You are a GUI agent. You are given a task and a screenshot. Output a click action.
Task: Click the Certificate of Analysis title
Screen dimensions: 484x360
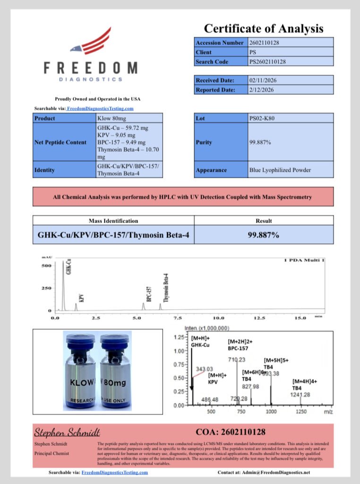pyautogui.click(x=264, y=28)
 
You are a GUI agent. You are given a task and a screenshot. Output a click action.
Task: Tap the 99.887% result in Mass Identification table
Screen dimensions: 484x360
pyautogui.click(x=263, y=234)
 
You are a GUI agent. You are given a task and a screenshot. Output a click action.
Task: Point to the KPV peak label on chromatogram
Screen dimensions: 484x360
pyautogui.click(x=81, y=298)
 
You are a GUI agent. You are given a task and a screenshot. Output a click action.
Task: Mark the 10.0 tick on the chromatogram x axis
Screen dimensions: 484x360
pyautogui.click(x=218, y=318)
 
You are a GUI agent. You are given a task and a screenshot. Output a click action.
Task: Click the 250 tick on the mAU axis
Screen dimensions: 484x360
pyautogui.click(x=46, y=288)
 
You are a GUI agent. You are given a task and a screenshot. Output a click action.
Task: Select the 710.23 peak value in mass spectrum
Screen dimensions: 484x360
pyautogui.click(x=236, y=360)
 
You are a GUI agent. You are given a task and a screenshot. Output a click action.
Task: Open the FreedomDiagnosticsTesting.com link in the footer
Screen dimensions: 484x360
pyautogui.click(x=114, y=472)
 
